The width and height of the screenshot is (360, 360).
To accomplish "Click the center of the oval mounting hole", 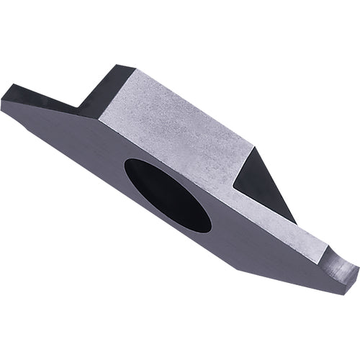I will tap(167, 194).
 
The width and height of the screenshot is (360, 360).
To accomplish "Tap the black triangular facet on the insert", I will tap(261, 180).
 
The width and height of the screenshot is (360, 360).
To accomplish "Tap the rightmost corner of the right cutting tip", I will tap(358, 269).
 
